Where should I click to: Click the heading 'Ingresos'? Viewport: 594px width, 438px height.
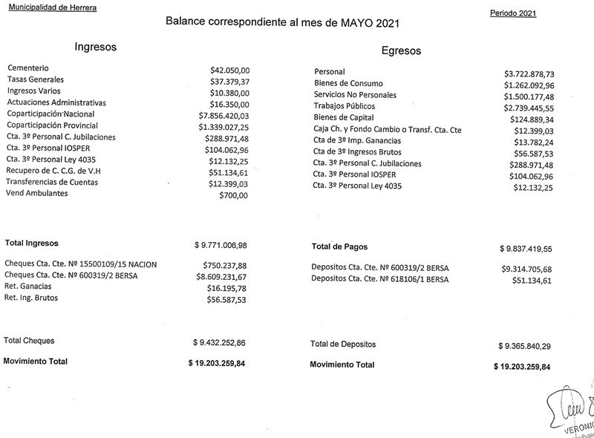[x=96, y=47]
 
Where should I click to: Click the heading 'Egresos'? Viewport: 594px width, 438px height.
[x=401, y=51]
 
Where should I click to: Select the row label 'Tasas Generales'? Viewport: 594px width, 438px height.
[x=36, y=79]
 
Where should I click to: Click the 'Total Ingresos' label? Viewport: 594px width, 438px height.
[x=32, y=243]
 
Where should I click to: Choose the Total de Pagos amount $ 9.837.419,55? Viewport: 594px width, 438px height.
[x=531, y=250]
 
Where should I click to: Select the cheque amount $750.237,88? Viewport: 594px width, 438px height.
[x=224, y=265]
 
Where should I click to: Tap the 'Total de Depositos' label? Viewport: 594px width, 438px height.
[x=343, y=344]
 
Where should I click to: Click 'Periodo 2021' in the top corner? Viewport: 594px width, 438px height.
[x=514, y=14]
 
